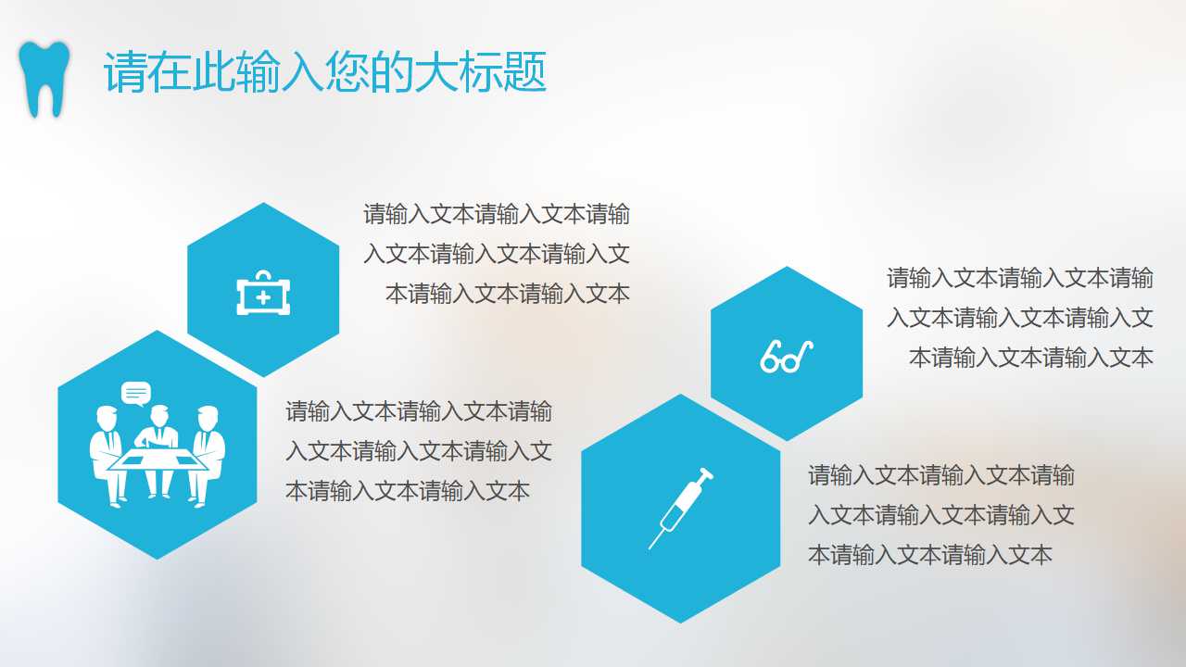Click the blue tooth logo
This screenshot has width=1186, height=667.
click(x=44, y=78)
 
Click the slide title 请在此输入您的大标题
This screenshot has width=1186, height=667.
click(x=324, y=72)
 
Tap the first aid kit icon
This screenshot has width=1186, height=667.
click(x=263, y=294)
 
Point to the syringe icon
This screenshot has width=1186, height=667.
click(x=682, y=507)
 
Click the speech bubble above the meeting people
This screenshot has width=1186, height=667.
click(x=136, y=393)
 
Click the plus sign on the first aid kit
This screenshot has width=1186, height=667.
click(x=263, y=297)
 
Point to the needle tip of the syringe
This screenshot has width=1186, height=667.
click(x=651, y=546)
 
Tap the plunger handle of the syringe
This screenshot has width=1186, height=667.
click(x=707, y=474)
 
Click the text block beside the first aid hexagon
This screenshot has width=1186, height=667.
click(x=498, y=254)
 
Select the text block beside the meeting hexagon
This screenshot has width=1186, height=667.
click(x=418, y=450)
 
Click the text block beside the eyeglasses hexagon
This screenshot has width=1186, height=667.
click(x=1020, y=317)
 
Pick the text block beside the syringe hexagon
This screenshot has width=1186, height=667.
click(x=940, y=515)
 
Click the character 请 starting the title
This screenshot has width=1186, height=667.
click(x=125, y=72)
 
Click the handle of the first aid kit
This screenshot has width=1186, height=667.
click(x=263, y=276)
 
